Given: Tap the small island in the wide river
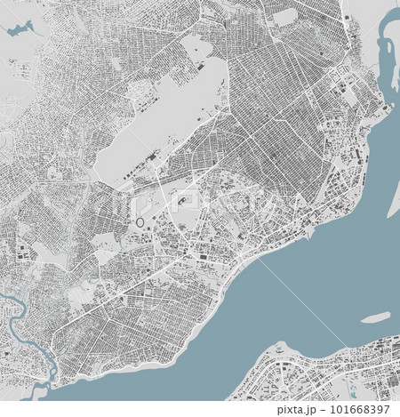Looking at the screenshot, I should coord(376,317).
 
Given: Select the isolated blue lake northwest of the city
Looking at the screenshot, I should coord(19,31).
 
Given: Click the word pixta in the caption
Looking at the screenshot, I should coord(292,410).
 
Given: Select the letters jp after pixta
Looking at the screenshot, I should coord(309,410).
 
